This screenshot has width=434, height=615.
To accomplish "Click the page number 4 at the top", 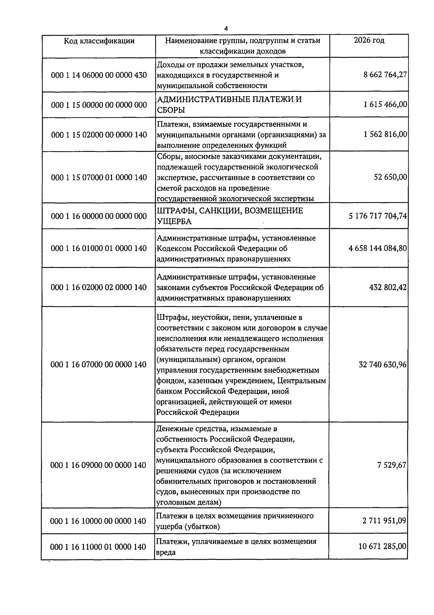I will coord(226,29).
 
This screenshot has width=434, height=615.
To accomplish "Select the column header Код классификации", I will coord(99,41).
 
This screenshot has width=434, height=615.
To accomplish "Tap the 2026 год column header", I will coord(369,40).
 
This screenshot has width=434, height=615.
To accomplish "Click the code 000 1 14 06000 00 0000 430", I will coord(99,75).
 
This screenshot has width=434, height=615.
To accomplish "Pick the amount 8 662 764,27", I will coord(385,75).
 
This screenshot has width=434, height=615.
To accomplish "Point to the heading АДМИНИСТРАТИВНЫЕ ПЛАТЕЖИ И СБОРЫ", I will coord(229,104).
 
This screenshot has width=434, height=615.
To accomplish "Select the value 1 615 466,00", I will coord(385,105).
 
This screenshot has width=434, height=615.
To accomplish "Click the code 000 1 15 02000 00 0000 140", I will coord(99,135).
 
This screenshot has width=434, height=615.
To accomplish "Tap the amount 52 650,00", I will coord(390,177).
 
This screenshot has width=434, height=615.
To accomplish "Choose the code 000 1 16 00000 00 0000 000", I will coord(99,216).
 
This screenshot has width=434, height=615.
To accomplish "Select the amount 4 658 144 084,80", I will coord(378,248).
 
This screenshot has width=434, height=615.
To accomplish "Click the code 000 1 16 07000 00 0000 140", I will coord(99,364).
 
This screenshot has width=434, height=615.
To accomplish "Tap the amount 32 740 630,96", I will coord(383,364).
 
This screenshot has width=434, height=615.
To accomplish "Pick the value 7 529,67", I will coord(392,465).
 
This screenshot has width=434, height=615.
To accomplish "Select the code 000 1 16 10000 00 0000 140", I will coord(99,521).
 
